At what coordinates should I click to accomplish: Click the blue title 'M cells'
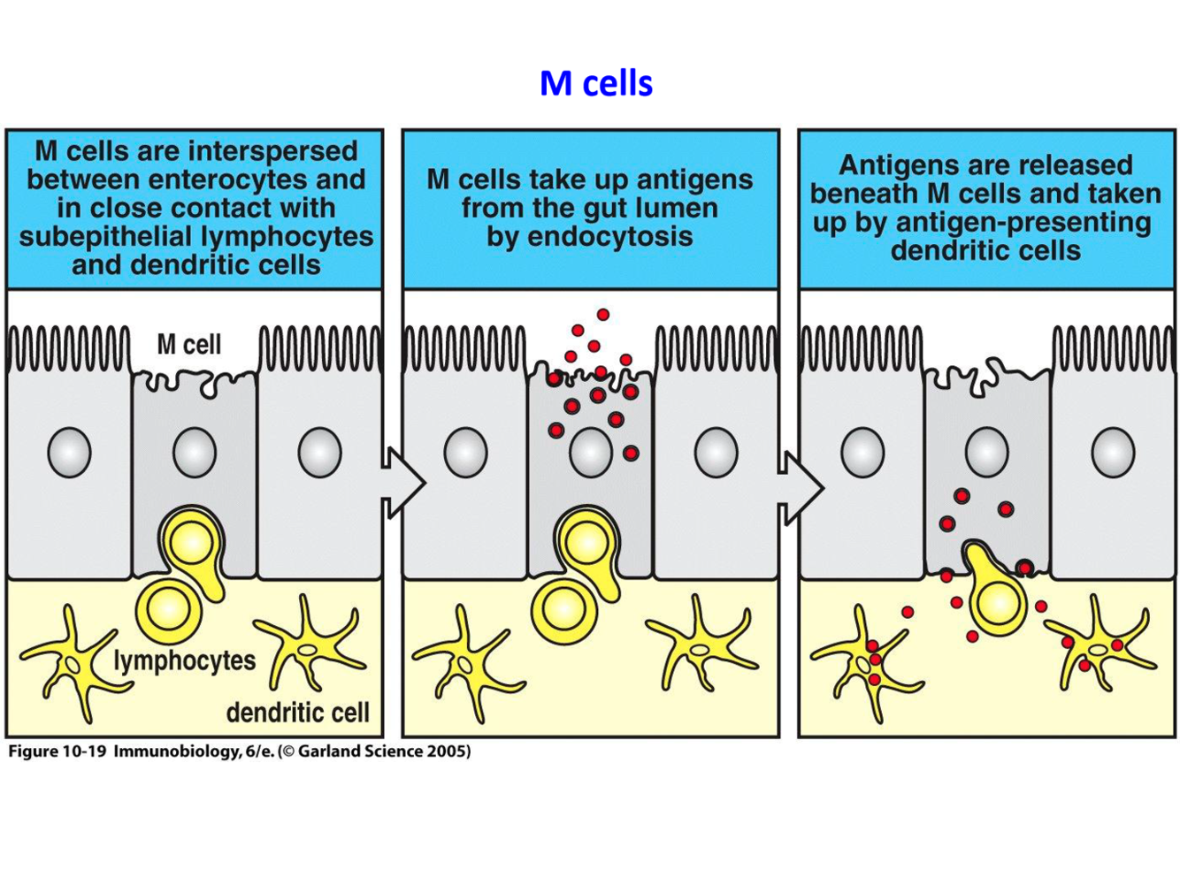click(596, 83)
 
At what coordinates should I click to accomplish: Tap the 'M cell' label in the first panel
click(188, 344)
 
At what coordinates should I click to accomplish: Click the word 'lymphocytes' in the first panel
click(184, 660)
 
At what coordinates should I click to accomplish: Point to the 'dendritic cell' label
click(297, 712)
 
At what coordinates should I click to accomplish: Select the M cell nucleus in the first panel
click(195, 452)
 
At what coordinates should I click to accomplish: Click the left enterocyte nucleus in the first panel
click(69, 452)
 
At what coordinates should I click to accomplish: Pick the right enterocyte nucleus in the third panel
click(1113, 452)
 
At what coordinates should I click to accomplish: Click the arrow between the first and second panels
click(403, 483)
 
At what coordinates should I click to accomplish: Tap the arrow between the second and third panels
click(801, 485)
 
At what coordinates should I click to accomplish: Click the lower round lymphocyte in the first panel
click(167, 609)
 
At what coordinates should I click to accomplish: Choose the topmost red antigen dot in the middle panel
click(602, 315)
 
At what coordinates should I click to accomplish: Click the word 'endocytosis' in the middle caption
click(589, 236)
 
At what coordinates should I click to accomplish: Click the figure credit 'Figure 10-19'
click(57, 751)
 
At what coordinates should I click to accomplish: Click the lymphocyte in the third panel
click(998, 601)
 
